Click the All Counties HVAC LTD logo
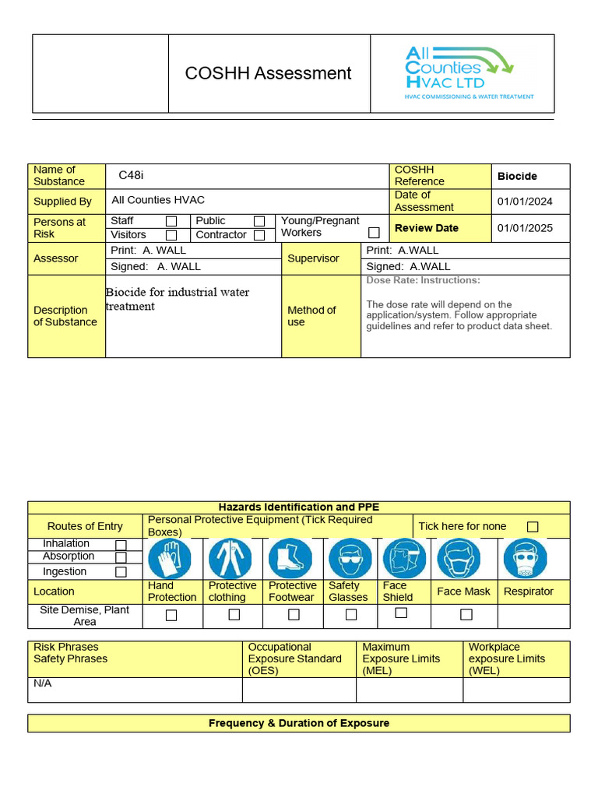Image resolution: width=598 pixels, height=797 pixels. [469, 73]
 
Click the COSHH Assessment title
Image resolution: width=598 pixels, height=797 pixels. [268, 73]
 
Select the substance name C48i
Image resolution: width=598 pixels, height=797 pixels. [131, 176]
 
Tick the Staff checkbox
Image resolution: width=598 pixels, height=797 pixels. [171, 222]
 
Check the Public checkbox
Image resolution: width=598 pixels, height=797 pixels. [259, 222]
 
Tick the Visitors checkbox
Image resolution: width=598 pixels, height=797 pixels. [171, 235]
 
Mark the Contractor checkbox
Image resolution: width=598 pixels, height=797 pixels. [259, 235]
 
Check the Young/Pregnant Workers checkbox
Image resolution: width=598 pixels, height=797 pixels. [374, 233]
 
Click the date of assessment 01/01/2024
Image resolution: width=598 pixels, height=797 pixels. [525, 202]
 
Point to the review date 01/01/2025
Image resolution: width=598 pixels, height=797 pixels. [525, 228]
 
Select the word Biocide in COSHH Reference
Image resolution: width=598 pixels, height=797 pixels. [517, 177]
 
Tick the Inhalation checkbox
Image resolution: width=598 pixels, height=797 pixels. [121, 545]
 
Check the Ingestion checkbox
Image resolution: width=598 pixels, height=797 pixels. [121, 572]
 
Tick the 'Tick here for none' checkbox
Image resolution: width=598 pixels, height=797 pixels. [533, 527]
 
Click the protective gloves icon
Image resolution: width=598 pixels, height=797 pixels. [170, 559]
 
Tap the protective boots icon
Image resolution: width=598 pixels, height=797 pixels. [290, 559]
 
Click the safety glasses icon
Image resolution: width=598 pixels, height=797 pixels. [350, 559]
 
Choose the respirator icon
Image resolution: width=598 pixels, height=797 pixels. [525, 559]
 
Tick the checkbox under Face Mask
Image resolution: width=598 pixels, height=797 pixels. [466, 615]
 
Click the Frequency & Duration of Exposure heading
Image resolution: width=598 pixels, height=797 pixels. [299, 723]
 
